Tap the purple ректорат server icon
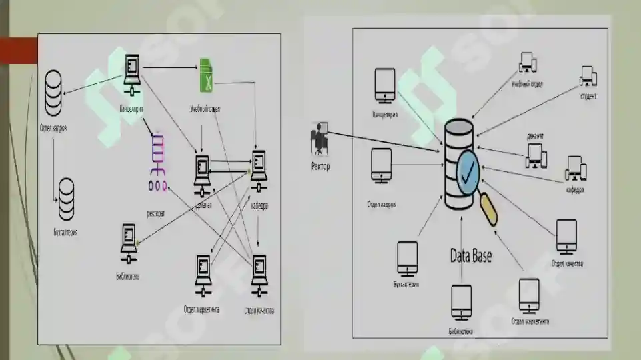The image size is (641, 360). coord(158,163)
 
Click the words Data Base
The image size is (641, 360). coord(471,255)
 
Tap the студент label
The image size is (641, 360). coord(588,96)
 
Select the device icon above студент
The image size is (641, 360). coord(588,76)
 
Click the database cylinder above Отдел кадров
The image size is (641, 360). coord(54,94)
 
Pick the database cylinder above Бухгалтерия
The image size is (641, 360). coord(67,199)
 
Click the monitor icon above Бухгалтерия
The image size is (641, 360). coord(407,258)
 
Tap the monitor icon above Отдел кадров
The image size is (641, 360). coord(381,165)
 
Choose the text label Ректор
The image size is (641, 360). coord(321,166)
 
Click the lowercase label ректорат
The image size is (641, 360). coord(156,213)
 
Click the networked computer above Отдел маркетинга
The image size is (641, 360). coord(202,276)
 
